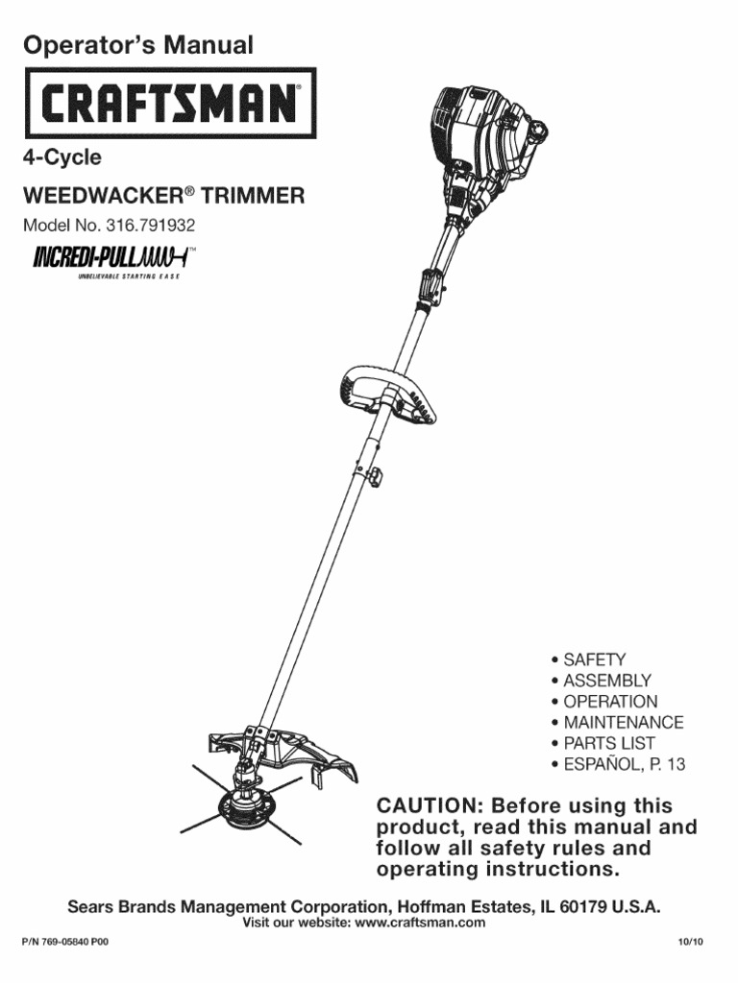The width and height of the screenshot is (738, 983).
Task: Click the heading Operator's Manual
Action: coord(137,44)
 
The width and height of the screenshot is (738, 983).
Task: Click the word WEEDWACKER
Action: coord(101,197)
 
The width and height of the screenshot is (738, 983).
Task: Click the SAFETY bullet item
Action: coord(594,659)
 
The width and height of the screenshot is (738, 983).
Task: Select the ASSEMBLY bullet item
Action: coord(606,681)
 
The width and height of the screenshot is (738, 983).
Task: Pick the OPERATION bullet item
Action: coord(610,702)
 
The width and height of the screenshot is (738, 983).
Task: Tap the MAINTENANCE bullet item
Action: coord(623,722)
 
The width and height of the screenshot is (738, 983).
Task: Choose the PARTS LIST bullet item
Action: coord(609,743)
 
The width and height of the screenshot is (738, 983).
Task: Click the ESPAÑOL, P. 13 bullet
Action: coord(624,764)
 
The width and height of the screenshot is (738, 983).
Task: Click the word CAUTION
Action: coord(429,805)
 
